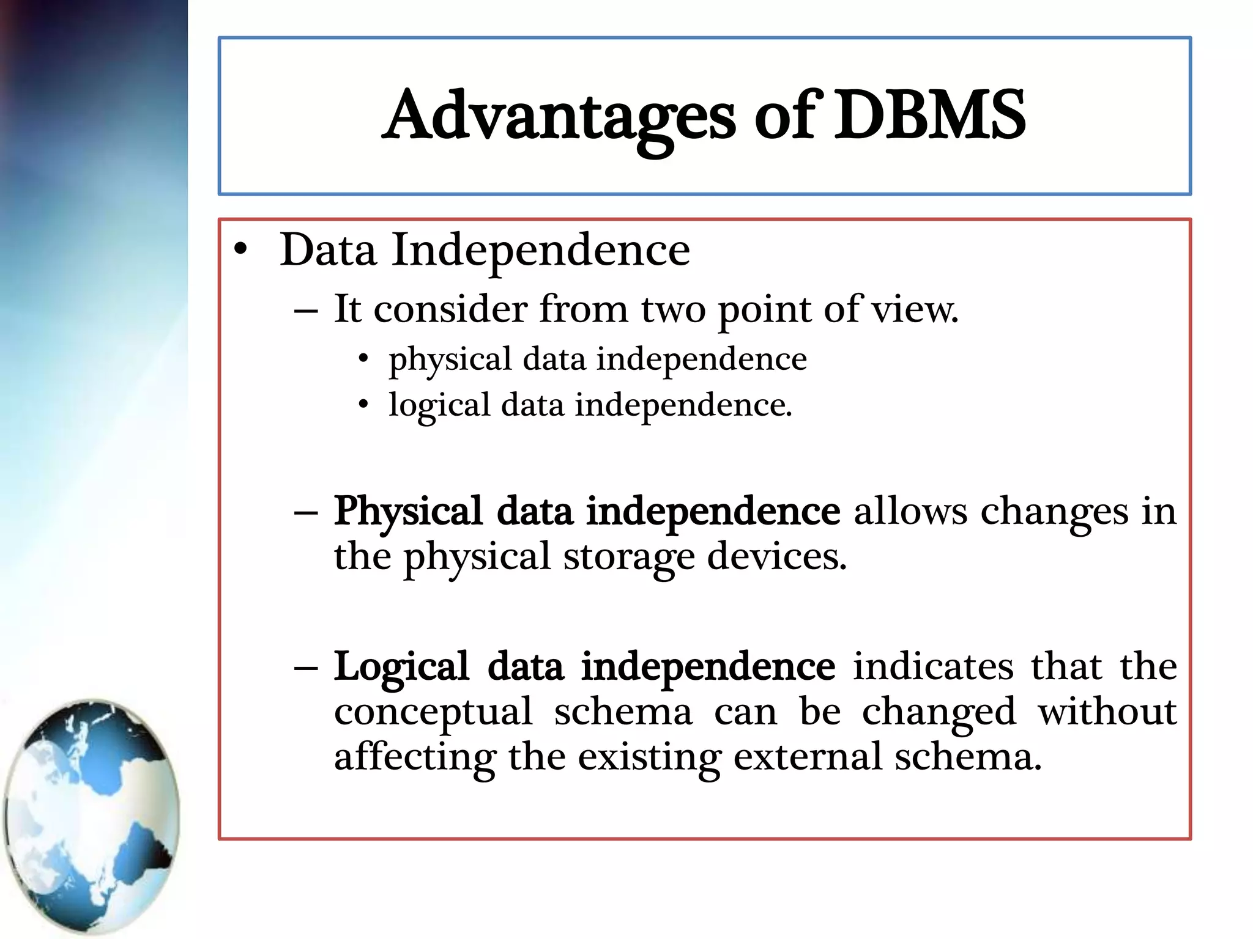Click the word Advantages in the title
point(560,116)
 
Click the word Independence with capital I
point(541,251)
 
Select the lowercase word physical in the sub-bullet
point(450,360)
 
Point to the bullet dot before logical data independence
point(364,404)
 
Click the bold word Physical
point(408,512)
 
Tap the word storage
point(629,558)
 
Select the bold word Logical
point(402,667)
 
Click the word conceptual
point(433,713)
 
